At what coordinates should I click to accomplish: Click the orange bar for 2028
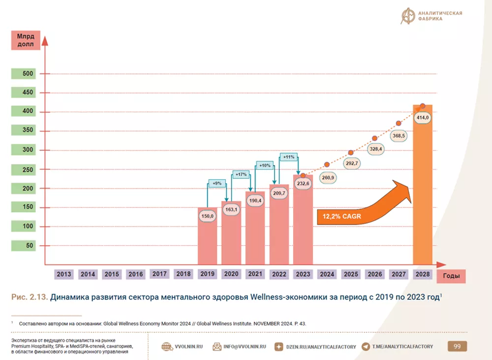(x=422, y=185)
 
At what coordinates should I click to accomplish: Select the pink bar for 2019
(x=208, y=236)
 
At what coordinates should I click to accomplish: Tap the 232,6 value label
(x=303, y=184)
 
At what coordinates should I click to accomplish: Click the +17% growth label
(x=241, y=174)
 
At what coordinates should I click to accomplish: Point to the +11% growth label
(x=289, y=157)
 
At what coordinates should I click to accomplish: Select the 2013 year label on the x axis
(x=63, y=274)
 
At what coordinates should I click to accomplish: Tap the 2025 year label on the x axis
(x=351, y=274)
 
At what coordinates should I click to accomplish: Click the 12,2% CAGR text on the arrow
(x=342, y=216)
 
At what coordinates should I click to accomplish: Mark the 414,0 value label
(x=422, y=118)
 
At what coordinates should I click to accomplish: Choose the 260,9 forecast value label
(x=328, y=178)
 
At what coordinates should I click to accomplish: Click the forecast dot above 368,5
(x=399, y=124)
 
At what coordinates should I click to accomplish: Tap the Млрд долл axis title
(x=26, y=40)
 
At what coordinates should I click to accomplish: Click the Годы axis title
(x=451, y=276)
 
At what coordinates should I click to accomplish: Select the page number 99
(x=457, y=347)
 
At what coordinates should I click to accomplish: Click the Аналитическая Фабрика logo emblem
(x=408, y=16)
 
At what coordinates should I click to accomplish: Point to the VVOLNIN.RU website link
(x=182, y=347)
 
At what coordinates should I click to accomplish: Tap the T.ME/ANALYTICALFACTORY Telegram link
(x=397, y=347)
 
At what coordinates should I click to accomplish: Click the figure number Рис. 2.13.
(x=30, y=297)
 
